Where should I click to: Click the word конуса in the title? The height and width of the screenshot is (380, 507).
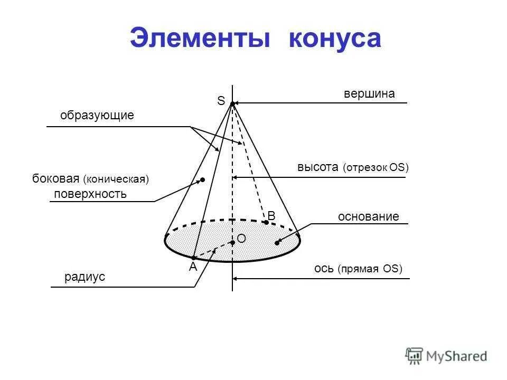point(334,39)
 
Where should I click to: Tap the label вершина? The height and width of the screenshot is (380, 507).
point(369,94)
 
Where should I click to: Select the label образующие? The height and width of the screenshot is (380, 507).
point(97,116)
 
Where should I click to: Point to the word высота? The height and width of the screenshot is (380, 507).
point(317,167)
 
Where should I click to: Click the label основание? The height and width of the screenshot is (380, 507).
point(368,217)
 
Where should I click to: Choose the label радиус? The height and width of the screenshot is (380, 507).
point(85,277)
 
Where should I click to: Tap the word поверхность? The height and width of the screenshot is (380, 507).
point(90,194)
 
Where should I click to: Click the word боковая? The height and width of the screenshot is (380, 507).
point(55,179)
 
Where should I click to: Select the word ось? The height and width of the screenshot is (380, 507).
point(323,269)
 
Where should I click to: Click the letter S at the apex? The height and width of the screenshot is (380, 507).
point(221,100)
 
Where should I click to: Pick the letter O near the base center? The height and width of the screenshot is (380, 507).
point(241,239)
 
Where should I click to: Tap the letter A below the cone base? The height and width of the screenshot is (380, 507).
point(193,267)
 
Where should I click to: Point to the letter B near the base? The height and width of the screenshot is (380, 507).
point(271,216)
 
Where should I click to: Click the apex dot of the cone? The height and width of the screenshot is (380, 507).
point(232,104)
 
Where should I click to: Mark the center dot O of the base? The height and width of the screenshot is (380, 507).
point(232,242)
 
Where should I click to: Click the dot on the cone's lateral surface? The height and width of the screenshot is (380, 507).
point(202,180)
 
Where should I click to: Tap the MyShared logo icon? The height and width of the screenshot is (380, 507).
point(414,356)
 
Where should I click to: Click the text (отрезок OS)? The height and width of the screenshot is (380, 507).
point(375,168)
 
